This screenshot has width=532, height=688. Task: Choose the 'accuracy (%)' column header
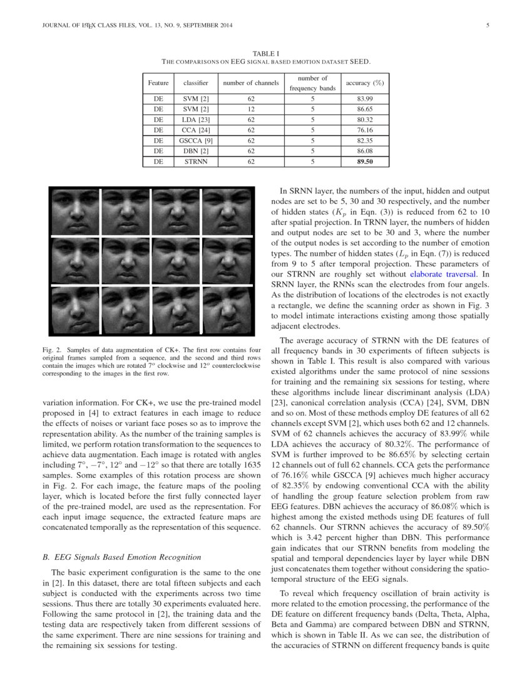[364, 83]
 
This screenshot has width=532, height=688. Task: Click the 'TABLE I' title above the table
[266, 54]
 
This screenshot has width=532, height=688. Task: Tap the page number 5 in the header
[487, 26]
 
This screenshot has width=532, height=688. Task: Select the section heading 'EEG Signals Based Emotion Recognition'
[130, 557]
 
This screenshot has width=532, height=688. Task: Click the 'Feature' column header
[158, 83]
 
